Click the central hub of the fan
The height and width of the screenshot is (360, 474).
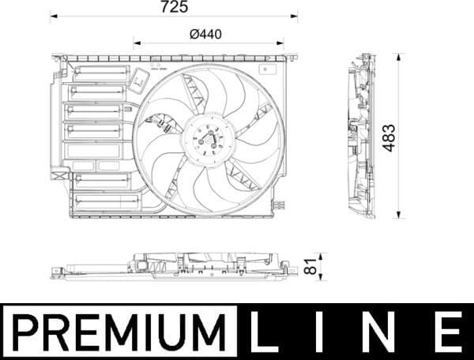point(208,140)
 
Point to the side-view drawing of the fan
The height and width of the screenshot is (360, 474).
point(363,136)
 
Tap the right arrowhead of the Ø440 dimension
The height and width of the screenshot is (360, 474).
point(282,43)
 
